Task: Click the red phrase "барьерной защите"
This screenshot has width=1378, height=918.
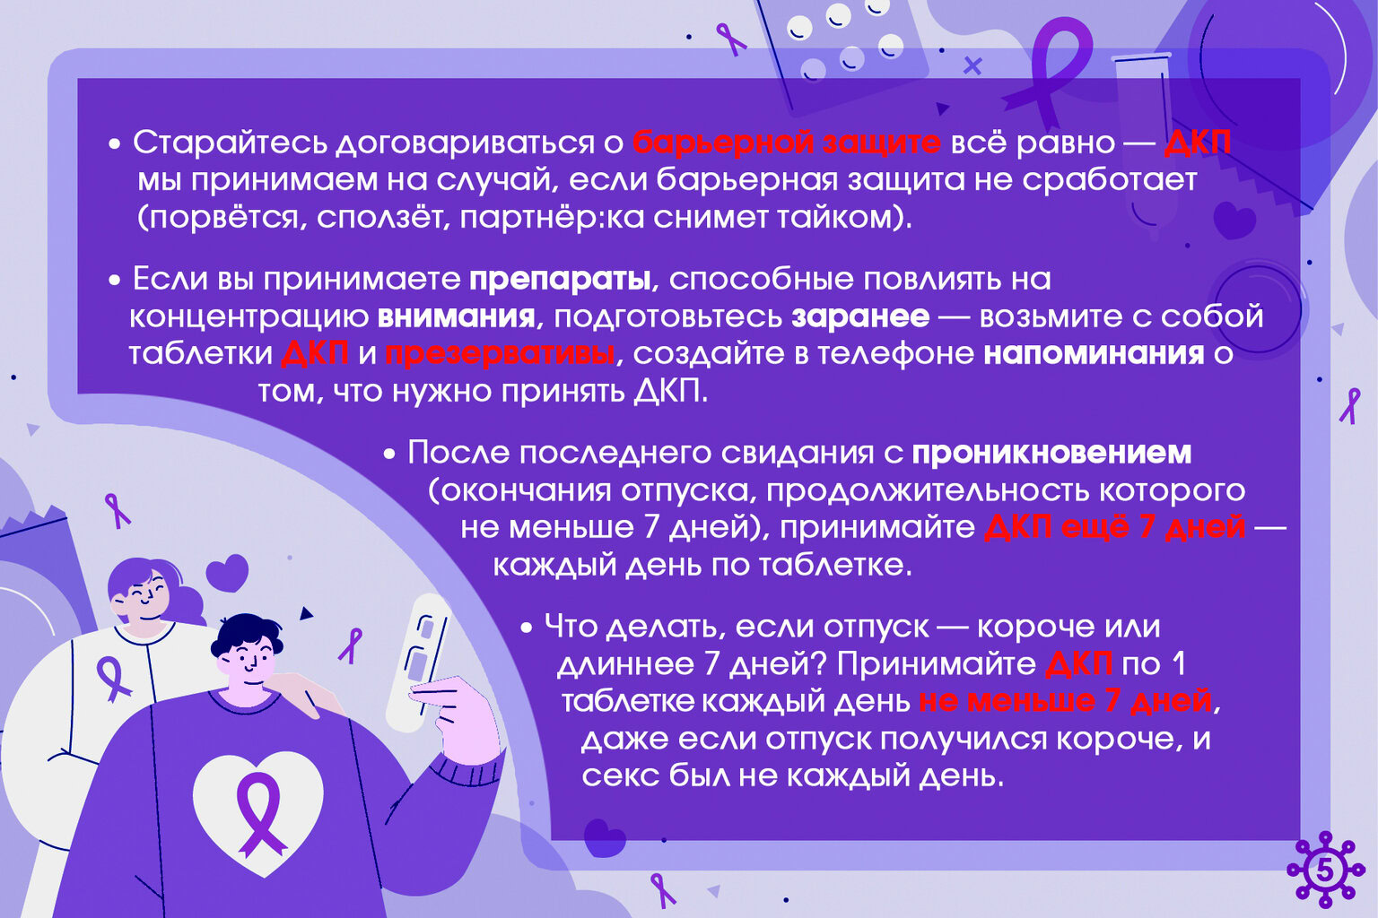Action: pyautogui.click(x=786, y=143)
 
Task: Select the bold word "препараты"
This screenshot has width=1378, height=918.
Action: pyautogui.click(x=559, y=280)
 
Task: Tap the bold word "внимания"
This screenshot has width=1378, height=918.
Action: pyautogui.click(x=456, y=316)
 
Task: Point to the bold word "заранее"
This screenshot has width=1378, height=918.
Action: pyautogui.click(x=859, y=316)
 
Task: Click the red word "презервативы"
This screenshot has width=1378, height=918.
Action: pyautogui.click(x=500, y=354)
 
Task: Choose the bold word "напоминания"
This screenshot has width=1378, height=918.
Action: pyautogui.click(x=1094, y=354)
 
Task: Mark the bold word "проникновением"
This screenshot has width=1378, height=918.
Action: pyautogui.click(x=1051, y=453)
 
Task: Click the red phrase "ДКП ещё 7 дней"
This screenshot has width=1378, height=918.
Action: pyautogui.click(x=1114, y=527)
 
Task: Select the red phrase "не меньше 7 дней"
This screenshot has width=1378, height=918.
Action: pyautogui.click(x=1066, y=701)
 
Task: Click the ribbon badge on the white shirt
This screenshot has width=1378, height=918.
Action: pyautogui.click(x=113, y=678)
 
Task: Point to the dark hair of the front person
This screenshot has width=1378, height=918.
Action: pyautogui.click(x=244, y=631)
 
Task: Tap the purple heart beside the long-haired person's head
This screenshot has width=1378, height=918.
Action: pyautogui.click(x=227, y=572)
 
